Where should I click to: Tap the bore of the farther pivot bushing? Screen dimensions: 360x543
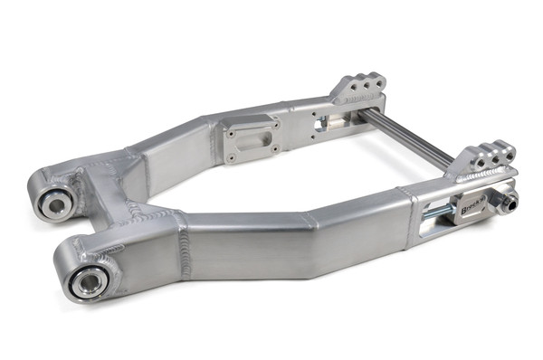[53, 204]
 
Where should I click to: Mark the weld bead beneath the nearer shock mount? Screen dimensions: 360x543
[480, 171]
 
